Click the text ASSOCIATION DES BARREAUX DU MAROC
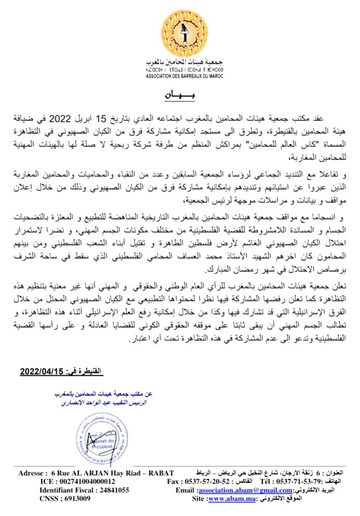[184, 75]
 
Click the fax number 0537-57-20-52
[203, 481]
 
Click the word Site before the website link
[198, 499]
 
